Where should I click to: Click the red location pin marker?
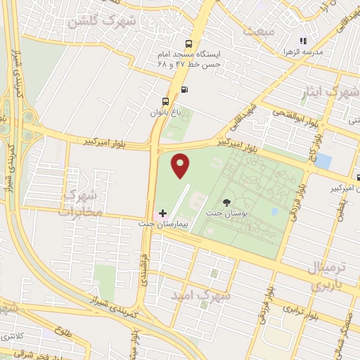[x=181, y=166]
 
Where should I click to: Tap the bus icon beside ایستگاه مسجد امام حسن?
[x=188, y=42]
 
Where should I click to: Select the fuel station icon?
[x=184, y=89]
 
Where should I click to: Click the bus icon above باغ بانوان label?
[x=165, y=100]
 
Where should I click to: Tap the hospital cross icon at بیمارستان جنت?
[x=163, y=212]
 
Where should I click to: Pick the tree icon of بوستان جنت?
[x=226, y=202]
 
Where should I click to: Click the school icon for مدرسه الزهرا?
[x=303, y=41]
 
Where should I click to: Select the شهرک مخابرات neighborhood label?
[x=80, y=201]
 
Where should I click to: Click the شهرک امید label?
[x=205, y=296]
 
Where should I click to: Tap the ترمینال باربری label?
[x=328, y=277]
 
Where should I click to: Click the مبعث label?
[x=258, y=30]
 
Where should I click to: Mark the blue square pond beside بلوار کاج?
[x=323, y=160]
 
